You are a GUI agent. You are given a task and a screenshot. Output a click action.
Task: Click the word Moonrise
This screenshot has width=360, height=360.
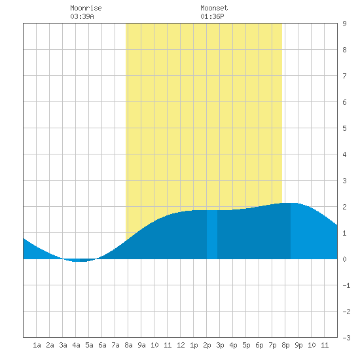point(86,8)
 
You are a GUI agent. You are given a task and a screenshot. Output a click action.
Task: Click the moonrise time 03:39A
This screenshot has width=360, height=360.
point(82,16)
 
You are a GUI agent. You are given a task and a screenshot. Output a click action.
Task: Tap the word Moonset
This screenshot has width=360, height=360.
point(214,8)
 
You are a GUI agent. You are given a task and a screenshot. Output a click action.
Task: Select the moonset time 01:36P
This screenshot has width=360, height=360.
point(212,16)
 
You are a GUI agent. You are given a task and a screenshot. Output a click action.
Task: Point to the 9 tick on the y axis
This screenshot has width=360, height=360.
point(344,24)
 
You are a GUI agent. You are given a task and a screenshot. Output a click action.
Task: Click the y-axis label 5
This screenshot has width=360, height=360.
point(344,128)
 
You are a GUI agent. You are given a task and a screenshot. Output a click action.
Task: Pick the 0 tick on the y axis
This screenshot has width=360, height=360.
point(344,259)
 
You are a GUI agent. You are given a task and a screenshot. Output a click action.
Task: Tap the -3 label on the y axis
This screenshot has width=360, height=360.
point(346,338)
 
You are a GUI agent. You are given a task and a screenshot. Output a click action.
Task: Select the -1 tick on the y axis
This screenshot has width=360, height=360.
point(346,285)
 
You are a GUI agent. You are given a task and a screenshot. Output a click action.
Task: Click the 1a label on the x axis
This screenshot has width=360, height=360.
point(37,345)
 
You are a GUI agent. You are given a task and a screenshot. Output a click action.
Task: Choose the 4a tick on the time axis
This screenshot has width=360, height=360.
point(76,345)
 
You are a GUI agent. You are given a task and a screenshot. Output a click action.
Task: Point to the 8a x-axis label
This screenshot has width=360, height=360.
point(128,345)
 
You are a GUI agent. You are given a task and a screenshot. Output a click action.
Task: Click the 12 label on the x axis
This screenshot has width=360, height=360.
point(181,345)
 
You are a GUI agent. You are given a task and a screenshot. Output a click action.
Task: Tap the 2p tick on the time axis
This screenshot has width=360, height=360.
point(207,345)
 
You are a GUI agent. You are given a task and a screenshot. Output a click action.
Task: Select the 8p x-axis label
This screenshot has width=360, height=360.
point(285,345)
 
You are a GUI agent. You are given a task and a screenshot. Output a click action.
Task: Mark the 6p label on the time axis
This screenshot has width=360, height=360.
point(259,345)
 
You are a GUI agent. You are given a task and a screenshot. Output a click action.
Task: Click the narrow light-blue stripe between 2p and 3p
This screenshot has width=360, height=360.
point(212,234)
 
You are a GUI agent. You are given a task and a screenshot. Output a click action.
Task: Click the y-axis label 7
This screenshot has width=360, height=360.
point(344,76)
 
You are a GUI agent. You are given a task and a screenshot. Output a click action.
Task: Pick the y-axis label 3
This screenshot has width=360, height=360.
point(344,181)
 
